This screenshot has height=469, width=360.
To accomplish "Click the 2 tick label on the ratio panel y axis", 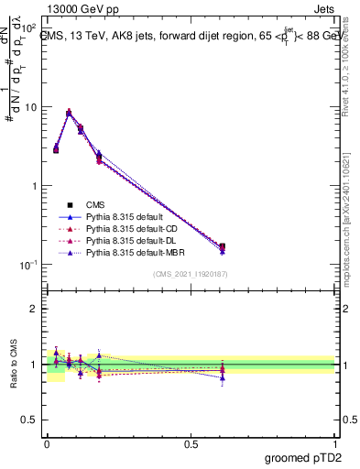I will click(35, 309).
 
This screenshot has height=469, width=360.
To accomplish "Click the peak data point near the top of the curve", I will click(69, 113).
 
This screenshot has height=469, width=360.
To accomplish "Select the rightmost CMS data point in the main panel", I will click(223, 246).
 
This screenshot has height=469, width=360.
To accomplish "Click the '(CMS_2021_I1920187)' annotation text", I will click(191, 274).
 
